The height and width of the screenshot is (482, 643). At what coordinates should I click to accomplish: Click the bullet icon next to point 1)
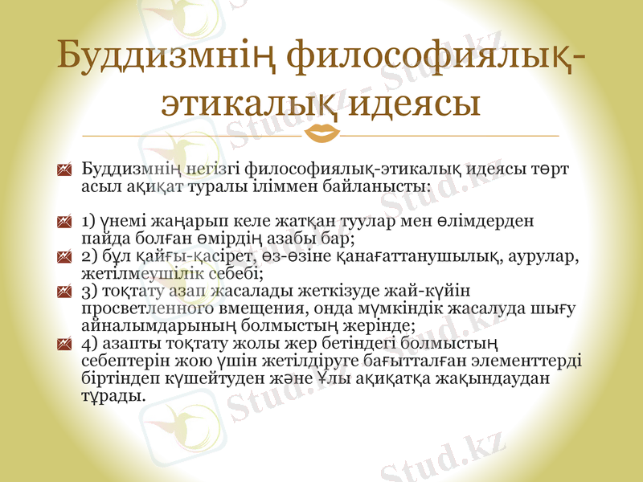point(66,220)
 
